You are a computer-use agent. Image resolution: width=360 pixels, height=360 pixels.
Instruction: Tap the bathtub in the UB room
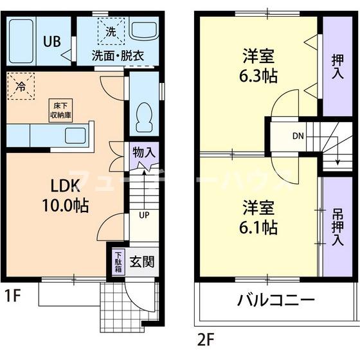(22, 40)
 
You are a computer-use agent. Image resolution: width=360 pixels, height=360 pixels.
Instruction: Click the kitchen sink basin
(76, 136)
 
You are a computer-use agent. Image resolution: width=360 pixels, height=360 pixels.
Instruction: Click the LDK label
(65, 186)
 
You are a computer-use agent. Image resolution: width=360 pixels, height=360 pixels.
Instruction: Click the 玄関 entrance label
(141, 262)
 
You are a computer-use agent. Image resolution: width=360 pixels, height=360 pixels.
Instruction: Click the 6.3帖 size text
(256, 75)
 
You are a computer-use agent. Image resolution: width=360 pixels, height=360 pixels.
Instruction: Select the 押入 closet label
(337, 65)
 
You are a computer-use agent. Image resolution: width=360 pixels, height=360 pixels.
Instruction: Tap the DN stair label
(298, 136)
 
